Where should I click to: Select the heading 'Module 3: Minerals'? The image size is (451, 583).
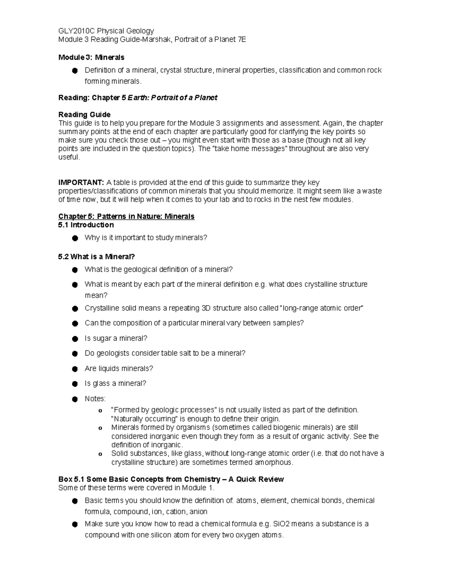[x=91, y=57]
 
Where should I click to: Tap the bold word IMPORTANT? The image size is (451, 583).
[x=81, y=182]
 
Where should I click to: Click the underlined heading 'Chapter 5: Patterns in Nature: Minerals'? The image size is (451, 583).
[x=126, y=216]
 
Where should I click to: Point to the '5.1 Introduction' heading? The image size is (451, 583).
[x=86, y=225]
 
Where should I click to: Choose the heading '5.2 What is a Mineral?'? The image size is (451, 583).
[x=96, y=257]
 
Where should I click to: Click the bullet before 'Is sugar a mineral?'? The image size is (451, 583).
[x=75, y=339]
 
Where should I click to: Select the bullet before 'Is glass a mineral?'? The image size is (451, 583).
[x=75, y=384]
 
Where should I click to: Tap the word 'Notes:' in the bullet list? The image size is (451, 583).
[x=95, y=399]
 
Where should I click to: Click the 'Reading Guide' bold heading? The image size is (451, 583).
[x=84, y=114]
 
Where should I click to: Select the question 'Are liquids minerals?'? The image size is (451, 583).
[x=119, y=369]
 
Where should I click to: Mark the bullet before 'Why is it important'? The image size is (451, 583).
[x=75, y=238]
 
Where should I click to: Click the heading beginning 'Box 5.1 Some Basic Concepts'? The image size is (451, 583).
[x=171, y=479]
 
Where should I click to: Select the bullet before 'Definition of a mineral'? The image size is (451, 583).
[x=75, y=71]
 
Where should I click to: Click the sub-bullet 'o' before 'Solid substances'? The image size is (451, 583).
[x=100, y=454]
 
